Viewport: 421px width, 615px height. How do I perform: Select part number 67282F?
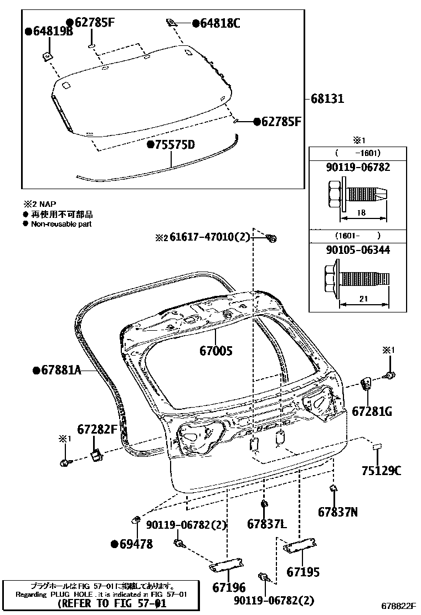(x=97, y=429)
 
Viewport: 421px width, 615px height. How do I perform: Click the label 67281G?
(x=372, y=411)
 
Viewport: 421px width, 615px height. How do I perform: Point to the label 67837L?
(x=266, y=524)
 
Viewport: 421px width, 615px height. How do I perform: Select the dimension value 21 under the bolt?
(x=364, y=299)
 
